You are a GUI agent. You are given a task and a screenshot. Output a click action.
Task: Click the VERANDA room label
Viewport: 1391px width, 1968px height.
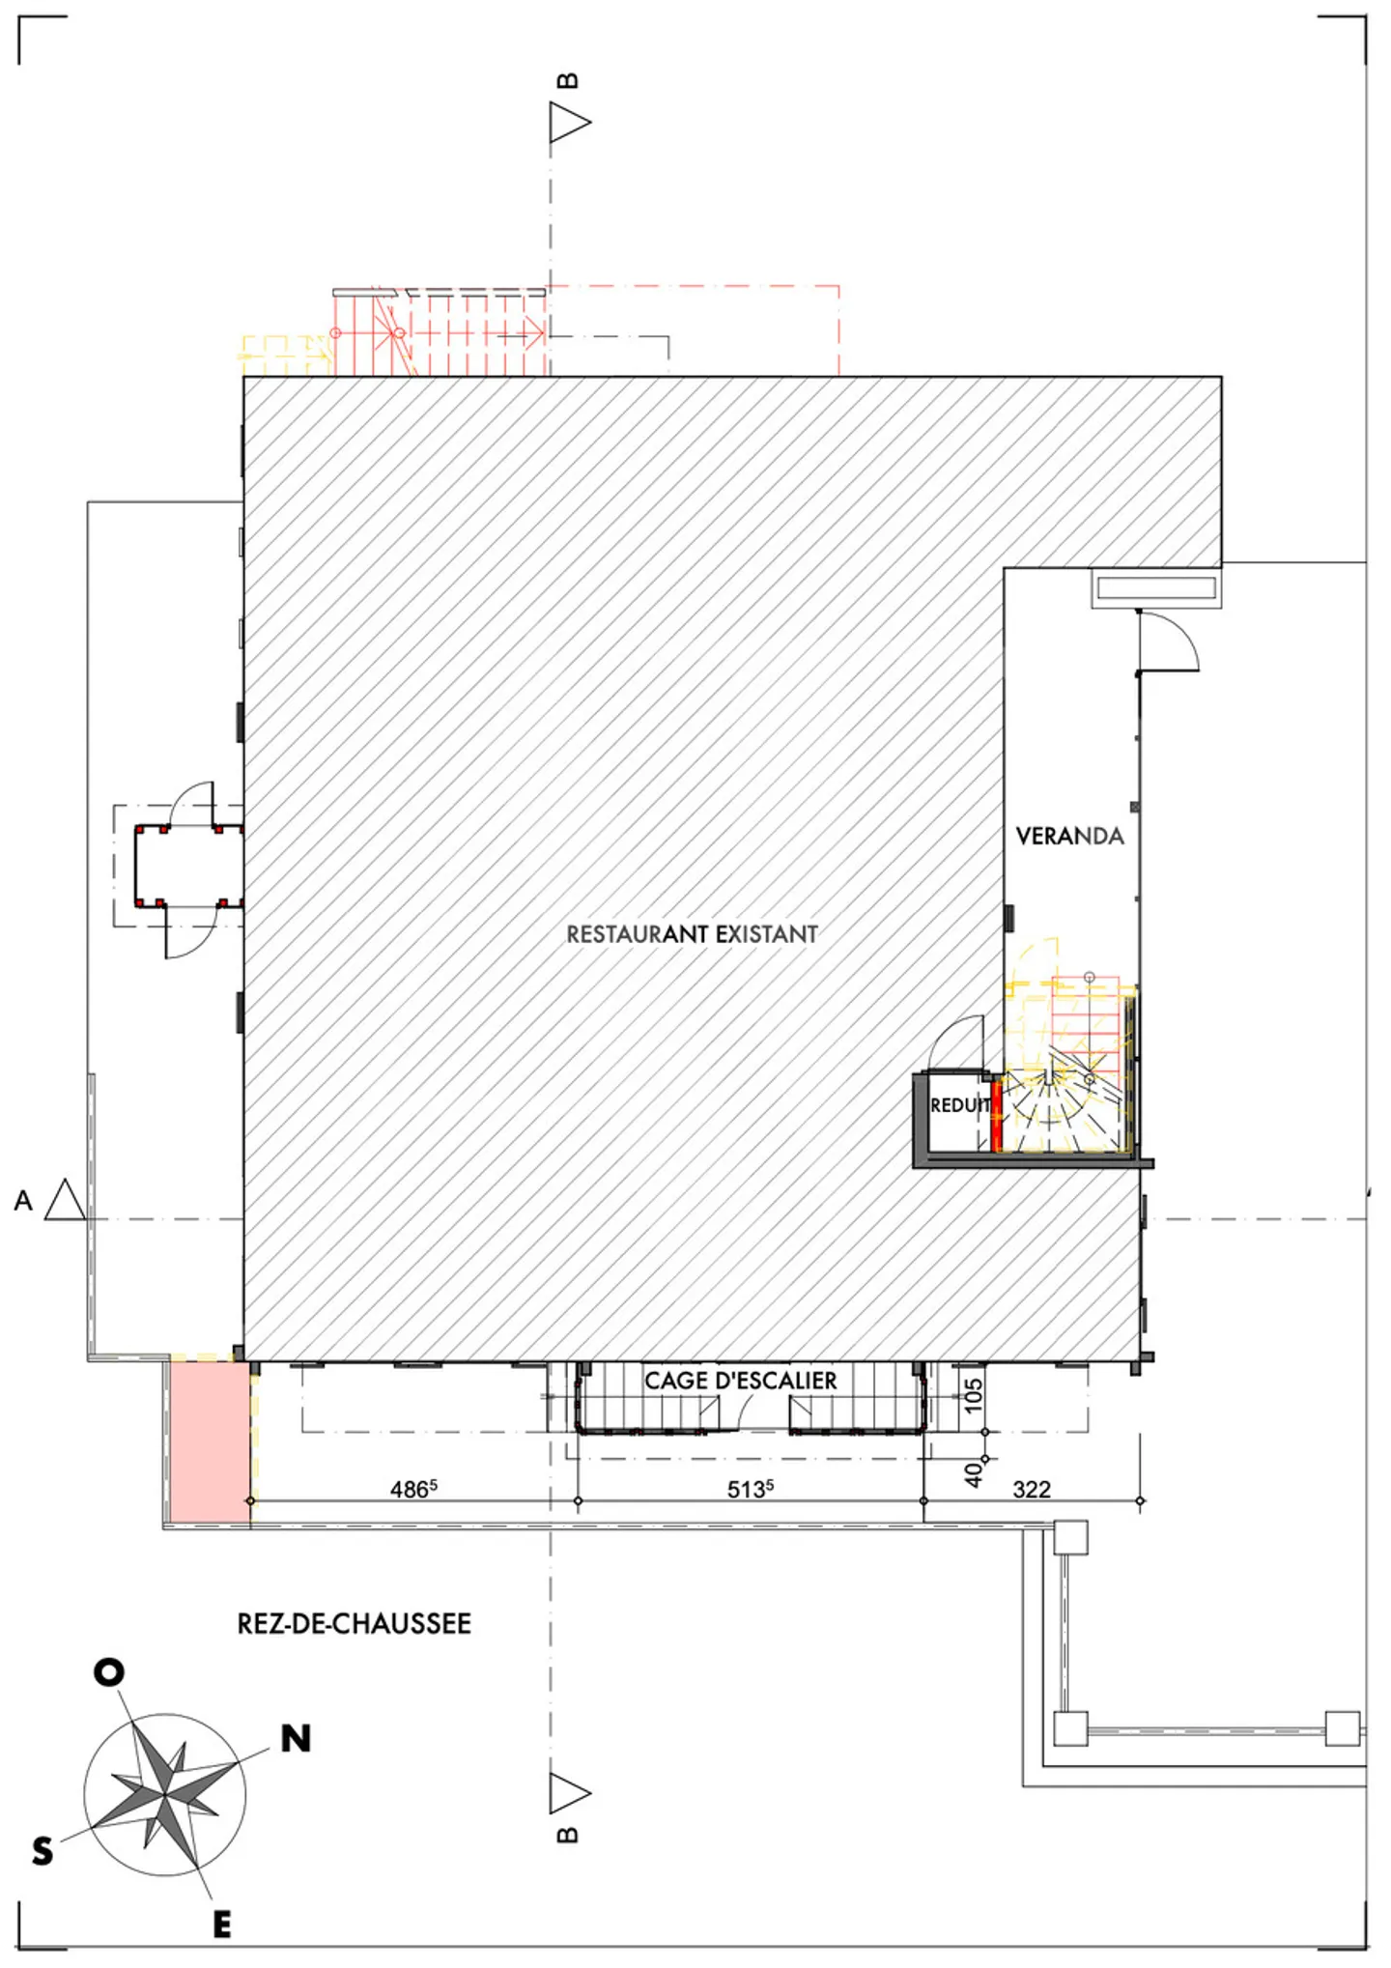tap(1069, 836)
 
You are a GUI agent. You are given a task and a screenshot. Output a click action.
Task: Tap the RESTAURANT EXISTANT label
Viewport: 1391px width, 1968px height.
tap(692, 934)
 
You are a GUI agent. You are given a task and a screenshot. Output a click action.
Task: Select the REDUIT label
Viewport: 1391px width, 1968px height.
tap(960, 1105)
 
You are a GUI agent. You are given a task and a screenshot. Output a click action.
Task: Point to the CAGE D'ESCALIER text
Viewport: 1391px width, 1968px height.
tap(741, 1381)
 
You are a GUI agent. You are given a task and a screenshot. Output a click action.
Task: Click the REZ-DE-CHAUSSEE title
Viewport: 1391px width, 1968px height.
tap(355, 1623)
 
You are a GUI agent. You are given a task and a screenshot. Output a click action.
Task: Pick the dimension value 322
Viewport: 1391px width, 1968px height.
tap(1032, 1490)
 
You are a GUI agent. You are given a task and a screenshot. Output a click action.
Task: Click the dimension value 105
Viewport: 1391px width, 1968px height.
tap(974, 1395)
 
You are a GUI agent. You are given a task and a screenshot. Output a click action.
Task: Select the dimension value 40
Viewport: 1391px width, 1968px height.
tap(974, 1473)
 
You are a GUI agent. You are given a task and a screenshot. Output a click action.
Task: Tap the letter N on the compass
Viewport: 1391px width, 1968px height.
tap(296, 1739)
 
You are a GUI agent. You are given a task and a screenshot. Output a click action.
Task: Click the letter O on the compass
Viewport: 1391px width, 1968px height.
tap(109, 1672)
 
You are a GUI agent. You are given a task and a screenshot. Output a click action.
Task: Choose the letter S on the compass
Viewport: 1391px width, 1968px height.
tap(43, 1851)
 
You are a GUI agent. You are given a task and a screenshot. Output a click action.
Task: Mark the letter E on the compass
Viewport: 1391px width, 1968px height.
tap(222, 1925)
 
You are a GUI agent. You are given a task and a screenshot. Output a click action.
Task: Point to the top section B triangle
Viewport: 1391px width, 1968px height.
tap(569, 123)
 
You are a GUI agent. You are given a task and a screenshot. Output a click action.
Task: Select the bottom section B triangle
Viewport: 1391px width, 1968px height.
tap(569, 1793)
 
